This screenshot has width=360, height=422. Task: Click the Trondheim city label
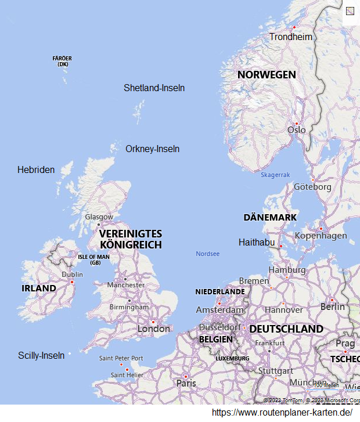pos(290,37)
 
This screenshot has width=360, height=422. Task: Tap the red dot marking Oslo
pos(296,123)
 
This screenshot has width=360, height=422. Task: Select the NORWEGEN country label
pos(267,75)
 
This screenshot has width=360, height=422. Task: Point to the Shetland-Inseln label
pos(154,88)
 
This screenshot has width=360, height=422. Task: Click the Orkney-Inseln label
pos(152,149)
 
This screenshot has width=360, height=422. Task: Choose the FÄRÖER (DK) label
pos(62,61)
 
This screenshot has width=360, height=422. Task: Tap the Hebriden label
pos(36,169)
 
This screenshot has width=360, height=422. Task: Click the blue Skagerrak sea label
pos(275,175)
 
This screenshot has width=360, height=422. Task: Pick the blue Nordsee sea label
pos(207,254)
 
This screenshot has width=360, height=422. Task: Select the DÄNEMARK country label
pos(270,217)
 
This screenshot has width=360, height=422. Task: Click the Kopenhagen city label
pos(321,235)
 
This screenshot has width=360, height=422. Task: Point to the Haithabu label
pos(257,242)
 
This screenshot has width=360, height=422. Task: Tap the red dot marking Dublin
pos(72,282)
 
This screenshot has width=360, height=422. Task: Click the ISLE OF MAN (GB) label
pos(93,259)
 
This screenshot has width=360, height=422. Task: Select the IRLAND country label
pos(39,288)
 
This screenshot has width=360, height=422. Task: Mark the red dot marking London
pos(153,322)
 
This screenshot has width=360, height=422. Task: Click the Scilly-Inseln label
pos(41,355)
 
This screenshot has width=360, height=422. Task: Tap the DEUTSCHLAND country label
pos(286,329)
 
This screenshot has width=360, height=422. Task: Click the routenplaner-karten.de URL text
pos(282,412)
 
